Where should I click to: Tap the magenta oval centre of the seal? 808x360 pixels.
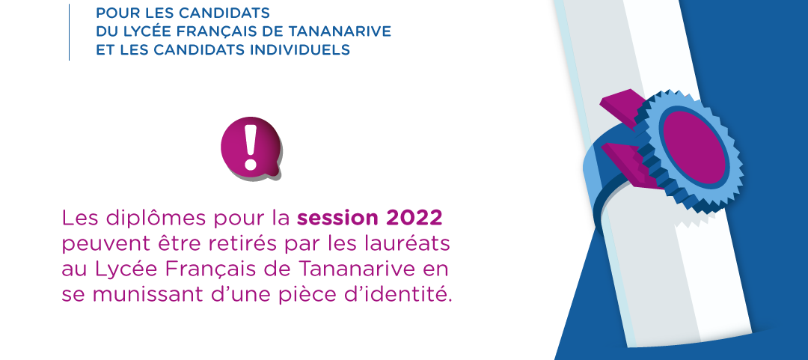pos(694,147)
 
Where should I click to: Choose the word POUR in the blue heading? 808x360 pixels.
pos(111,13)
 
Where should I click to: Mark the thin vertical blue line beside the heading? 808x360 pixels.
pos(69,32)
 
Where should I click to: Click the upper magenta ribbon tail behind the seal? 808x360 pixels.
pos(620,103)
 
